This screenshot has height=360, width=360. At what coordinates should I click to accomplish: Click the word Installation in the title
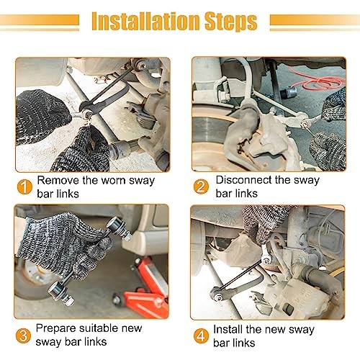point(145,21)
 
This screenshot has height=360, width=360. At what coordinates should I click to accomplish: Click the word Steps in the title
point(230,22)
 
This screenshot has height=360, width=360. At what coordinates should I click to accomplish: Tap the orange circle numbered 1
point(24,187)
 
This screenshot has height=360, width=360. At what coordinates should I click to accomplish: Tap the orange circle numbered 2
point(201,186)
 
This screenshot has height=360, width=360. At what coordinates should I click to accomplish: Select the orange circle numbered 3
point(23,336)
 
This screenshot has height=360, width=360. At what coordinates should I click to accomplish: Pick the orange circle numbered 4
point(201,336)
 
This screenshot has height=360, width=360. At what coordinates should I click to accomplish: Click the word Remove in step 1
point(58,181)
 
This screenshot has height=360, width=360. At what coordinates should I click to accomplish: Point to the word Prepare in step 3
point(55,329)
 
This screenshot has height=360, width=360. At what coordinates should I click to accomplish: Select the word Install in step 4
point(228,329)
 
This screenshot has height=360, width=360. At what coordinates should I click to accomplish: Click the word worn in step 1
point(104,181)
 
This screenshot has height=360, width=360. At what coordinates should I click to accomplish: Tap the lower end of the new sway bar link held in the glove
point(60,293)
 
